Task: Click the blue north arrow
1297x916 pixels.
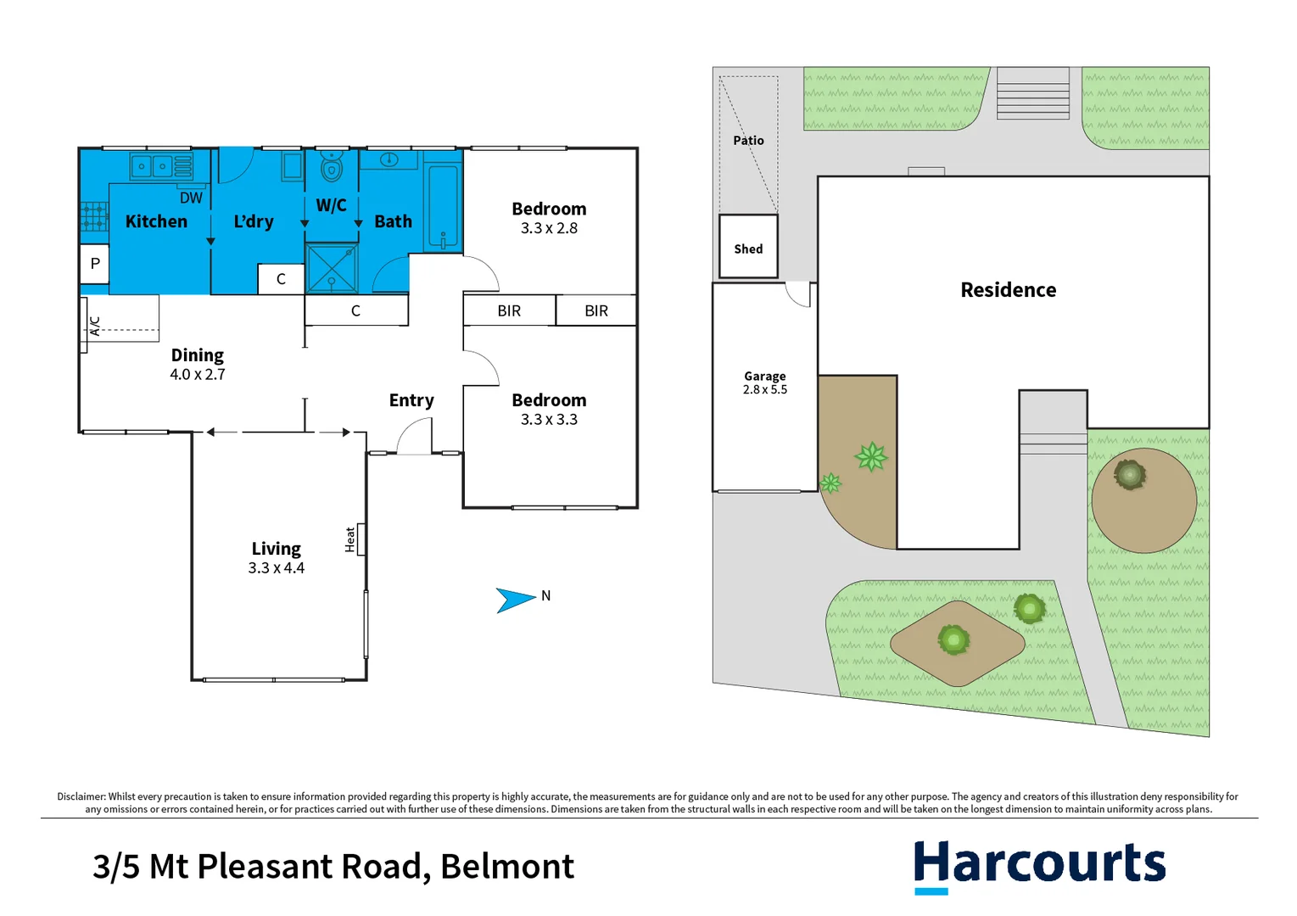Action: point(514,600)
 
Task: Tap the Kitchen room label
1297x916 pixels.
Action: point(156,221)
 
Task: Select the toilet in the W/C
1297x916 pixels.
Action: point(331,167)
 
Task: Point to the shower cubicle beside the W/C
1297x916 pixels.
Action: point(332,268)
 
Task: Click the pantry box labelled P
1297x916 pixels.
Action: point(94,264)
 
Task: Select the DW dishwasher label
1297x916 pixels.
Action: point(191,198)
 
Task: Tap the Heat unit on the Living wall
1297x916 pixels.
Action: point(361,539)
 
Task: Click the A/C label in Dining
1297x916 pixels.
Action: point(95,326)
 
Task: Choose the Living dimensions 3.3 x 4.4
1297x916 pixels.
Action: point(276,568)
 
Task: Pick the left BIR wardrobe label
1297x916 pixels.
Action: point(509,311)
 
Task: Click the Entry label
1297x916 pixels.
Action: point(411,400)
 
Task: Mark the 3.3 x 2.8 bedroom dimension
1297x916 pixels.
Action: point(549,228)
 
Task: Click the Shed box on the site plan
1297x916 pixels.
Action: point(748,248)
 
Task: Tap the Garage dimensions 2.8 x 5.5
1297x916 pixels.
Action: point(765,390)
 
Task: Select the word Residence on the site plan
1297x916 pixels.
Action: point(1008,290)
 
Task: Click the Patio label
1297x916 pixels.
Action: point(748,141)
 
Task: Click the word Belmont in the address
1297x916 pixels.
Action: point(507,867)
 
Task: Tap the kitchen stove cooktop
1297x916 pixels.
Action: point(94,216)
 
